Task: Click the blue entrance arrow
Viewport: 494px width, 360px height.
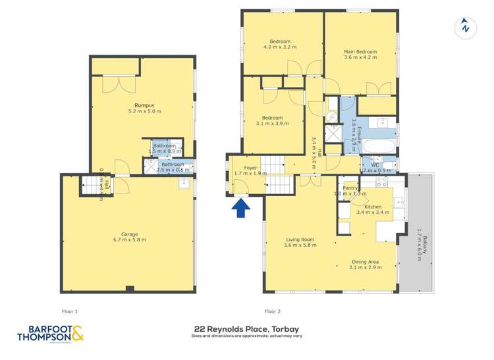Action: pyautogui.click(x=242, y=208)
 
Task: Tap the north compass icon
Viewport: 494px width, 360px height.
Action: pyautogui.click(x=466, y=27)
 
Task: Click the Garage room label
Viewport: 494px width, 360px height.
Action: pyautogui.click(x=129, y=236)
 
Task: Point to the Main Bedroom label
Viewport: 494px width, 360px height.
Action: pyautogui.click(x=360, y=54)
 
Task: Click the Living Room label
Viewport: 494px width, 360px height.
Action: pyautogui.click(x=300, y=242)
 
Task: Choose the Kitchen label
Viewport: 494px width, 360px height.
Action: pyautogui.click(x=373, y=209)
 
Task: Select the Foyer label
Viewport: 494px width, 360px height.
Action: pyautogui.click(x=250, y=170)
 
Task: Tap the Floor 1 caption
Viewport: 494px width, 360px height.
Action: pyautogui.click(x=69, y=311)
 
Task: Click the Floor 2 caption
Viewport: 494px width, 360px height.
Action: pyautogui.click(x=272, y=311)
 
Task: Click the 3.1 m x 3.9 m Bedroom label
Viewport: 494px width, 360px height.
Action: pyautogui.click(x=272, y=120)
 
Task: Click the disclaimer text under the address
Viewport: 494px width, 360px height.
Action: pyautogui.click(x=247, y=336)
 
